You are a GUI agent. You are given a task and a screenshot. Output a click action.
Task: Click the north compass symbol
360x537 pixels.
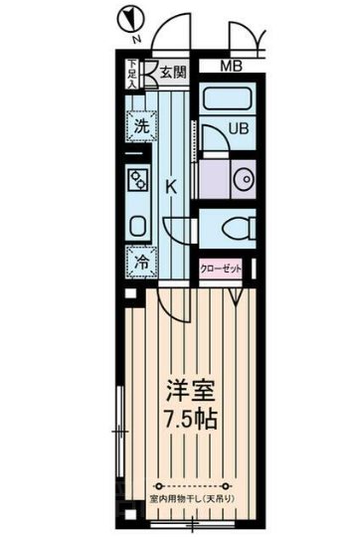click(129, 19)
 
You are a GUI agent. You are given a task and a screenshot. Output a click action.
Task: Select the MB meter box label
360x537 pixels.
click(230, 67)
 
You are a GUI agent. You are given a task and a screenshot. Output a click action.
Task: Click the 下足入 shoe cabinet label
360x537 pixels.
click(131, 76)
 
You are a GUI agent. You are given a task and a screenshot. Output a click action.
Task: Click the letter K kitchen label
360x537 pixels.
click(171, 186)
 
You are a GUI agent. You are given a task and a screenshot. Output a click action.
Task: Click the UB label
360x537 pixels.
click(239, 129)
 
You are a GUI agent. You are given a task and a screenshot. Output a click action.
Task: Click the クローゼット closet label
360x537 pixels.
click(221, 268)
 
